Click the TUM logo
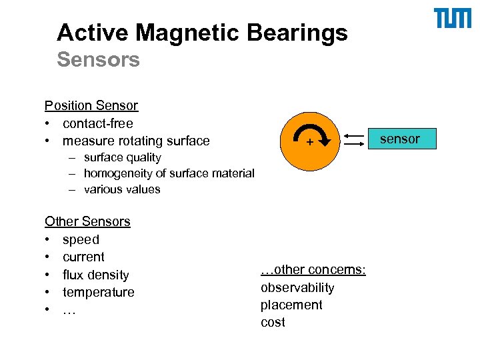point(453,19)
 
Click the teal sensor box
point(400,139)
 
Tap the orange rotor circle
point(293,153)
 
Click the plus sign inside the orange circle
point(309,143)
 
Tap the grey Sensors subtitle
point(98,60)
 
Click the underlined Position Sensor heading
point(91,105)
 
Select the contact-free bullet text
point(98,123)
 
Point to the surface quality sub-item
point(122,157)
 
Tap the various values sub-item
point(122,189)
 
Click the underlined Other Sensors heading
point(87,221)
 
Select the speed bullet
point(81,239)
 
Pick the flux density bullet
point(95,275)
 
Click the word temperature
point(98,292)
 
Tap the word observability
point(297,288)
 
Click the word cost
point(273,323)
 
